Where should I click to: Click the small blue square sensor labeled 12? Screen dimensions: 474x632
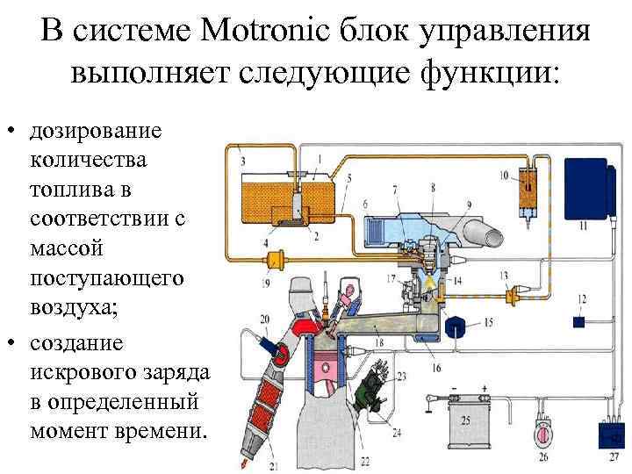tap(578, 322)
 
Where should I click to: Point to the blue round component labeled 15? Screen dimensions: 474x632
tap(456, 327)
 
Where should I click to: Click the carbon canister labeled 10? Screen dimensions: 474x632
tap(527, 195)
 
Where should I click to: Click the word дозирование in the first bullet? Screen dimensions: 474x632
tap(96, 132)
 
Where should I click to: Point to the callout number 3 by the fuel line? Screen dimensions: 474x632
tap(242, 160)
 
